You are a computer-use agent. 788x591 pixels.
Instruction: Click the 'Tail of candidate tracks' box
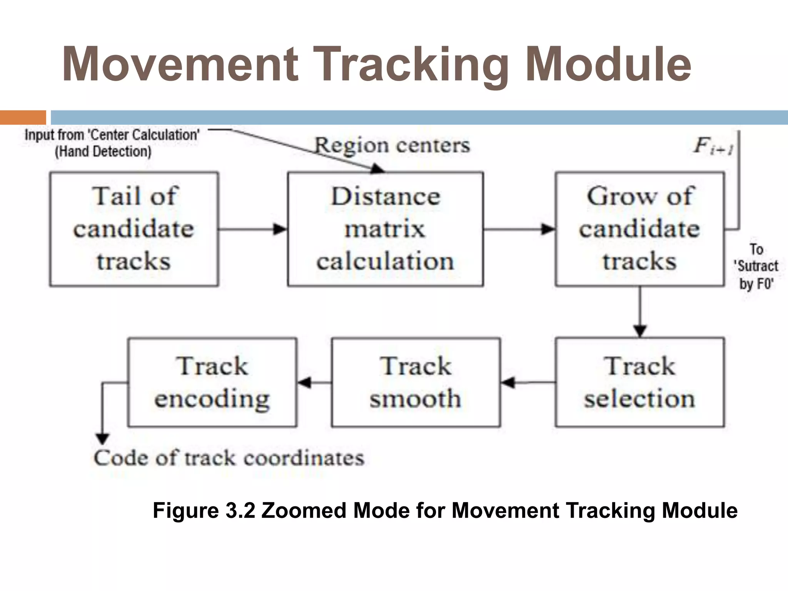pos(134,229)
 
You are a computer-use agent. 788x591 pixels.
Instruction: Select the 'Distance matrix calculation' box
pos(385,229)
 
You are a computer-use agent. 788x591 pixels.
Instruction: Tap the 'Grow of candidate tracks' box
pos(639,229)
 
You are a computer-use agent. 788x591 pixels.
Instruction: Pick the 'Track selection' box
pos(639,382)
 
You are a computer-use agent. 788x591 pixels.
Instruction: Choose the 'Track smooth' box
pos(416,382)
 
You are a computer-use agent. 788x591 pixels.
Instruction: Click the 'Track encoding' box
pos(212,382)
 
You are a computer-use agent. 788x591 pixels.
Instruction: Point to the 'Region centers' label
pos(392,145)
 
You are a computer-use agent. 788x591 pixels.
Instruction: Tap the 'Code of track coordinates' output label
pos(229,458)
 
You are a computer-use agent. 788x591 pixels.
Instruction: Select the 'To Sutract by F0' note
pos(756,266)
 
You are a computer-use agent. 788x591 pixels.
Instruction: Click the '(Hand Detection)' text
pos(103,152)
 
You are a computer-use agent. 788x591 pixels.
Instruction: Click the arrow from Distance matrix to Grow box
pos(519,229)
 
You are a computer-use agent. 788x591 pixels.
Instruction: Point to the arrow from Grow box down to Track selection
pos(640,312)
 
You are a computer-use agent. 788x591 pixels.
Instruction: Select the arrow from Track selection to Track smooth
pos(528,382)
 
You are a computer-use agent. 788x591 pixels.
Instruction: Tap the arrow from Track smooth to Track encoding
pos(314,382)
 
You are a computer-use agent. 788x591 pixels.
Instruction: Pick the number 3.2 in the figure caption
pos(240,511)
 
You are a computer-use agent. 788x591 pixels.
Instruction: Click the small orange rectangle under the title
pos(23,117)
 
